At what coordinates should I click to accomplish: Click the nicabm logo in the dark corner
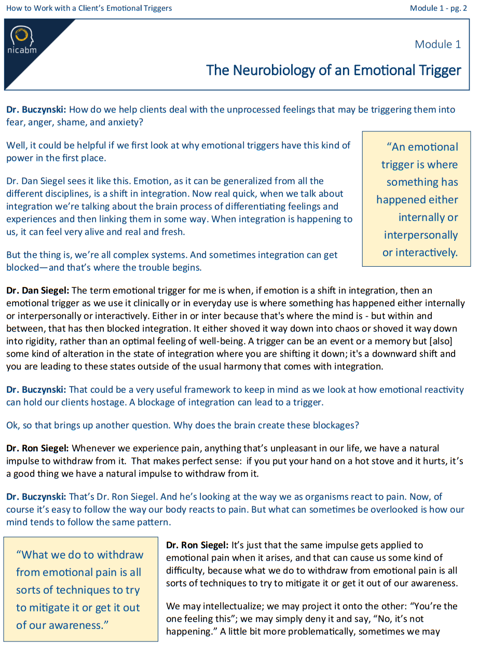click(21, 40)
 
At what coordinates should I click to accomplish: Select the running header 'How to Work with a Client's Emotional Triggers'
click(89, 8)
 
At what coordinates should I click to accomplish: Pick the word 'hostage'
click(117, 402)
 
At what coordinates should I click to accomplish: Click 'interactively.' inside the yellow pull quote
click(420, 253)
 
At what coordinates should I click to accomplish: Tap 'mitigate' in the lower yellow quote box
click(46, 608)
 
